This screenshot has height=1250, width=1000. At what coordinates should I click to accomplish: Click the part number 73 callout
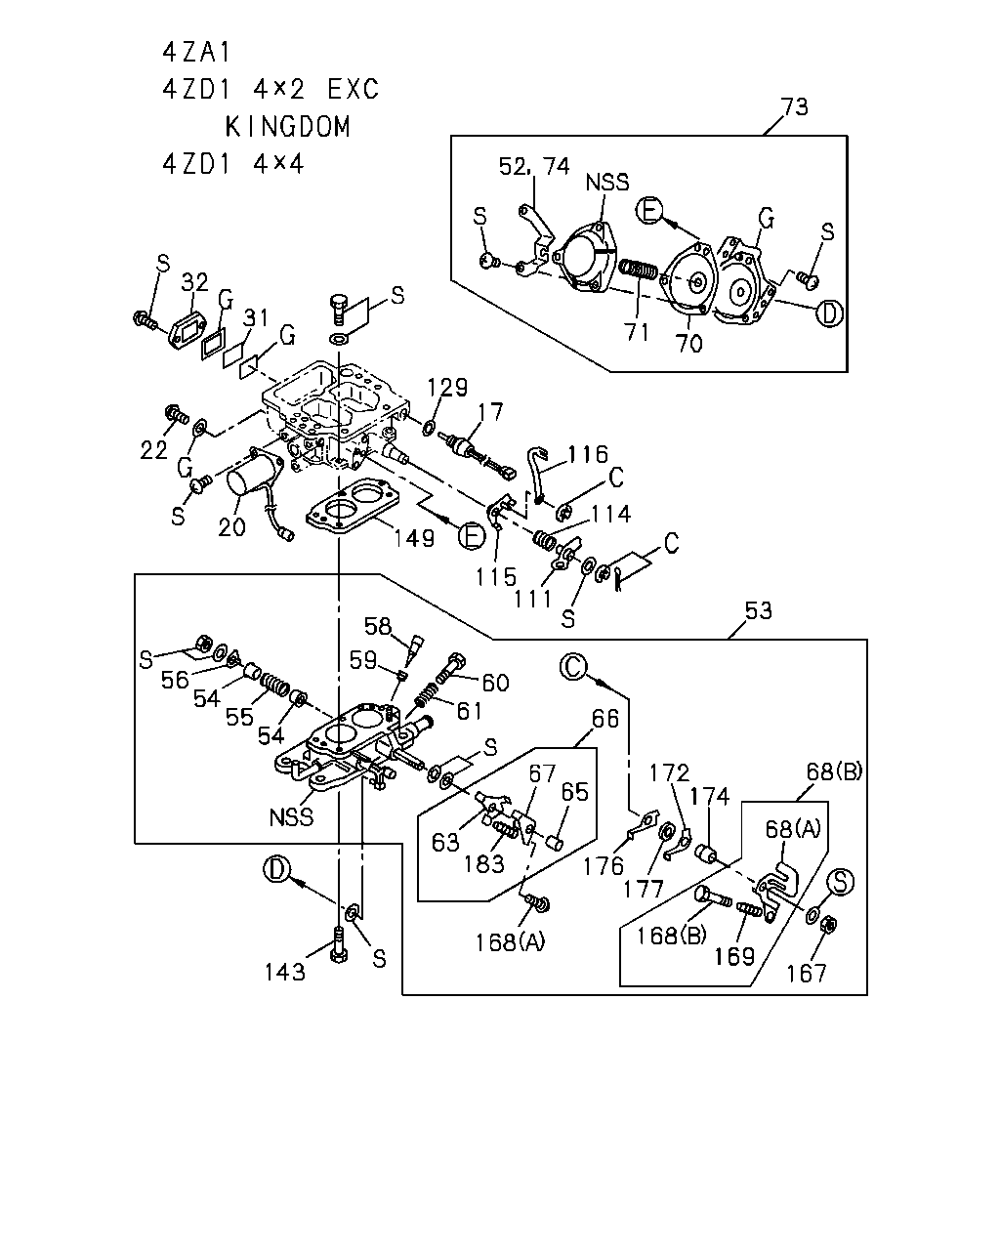(x=794, y=106)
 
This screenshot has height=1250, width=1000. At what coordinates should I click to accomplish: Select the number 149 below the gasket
(x=414, y=538)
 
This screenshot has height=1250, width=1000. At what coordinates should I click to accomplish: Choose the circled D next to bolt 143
(x=276, y=870)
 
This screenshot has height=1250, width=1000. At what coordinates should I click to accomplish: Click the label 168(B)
(x=672, y=936)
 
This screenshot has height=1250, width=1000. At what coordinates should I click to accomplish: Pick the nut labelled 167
(x=830, y=924)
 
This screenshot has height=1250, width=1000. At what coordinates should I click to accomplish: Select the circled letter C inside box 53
(x=574, y=667)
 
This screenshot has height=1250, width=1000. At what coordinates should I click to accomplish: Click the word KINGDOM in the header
(x=288, y=127)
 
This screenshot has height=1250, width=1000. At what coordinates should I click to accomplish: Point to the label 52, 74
(x=534, y=166)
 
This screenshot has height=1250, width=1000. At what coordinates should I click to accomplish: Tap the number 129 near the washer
(x=447, y=387)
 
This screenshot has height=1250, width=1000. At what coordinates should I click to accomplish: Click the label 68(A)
(x=793, y=829)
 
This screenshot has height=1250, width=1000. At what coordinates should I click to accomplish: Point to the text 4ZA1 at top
(x=197, y=53)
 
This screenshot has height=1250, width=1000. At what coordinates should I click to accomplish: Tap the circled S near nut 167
(x=841, y=882)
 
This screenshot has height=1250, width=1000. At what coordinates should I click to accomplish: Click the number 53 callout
(x=758, y=610)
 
